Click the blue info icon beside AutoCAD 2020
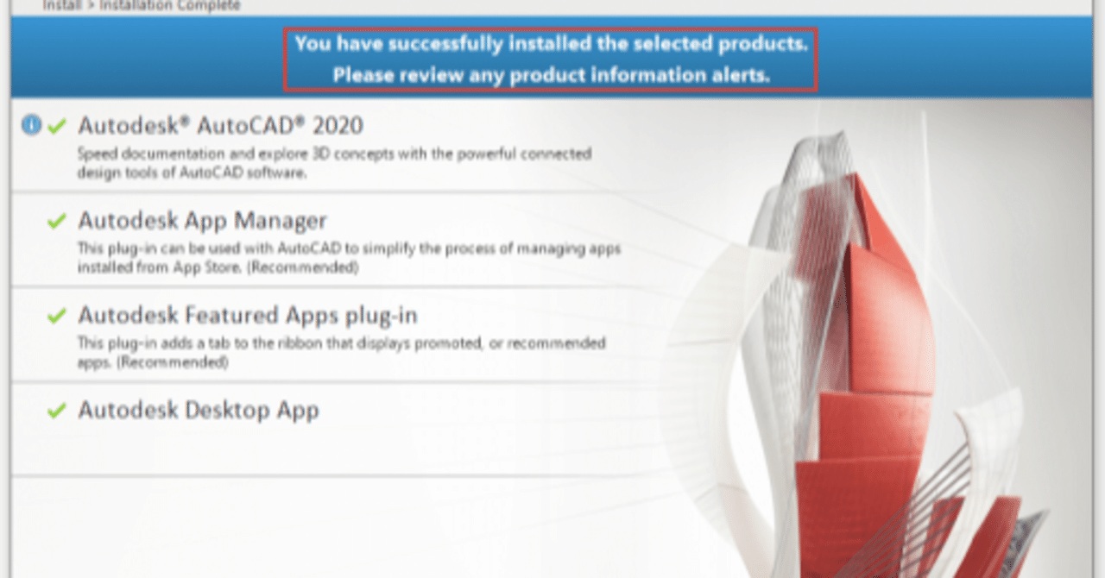pyautogui.click(x=31, y=125)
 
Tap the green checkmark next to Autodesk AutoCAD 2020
pyautogui.click(x=57, y=126)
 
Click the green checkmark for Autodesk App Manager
pyautogui.click(x=57, y=221)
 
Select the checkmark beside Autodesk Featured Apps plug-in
pyautogui.click(x=57, y=315)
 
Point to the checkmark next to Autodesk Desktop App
pyautogui.click(x=57, y=410)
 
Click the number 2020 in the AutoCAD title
pyautogui.click(x=338, y=125)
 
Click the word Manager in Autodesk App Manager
pyautogui.click(x=281, y=221)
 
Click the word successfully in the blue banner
pyautogui.click(x=445, y=44)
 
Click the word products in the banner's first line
pyautogui.click(x=762, y=44)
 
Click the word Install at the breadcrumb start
pyautogui.click(x=61, y=5)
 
